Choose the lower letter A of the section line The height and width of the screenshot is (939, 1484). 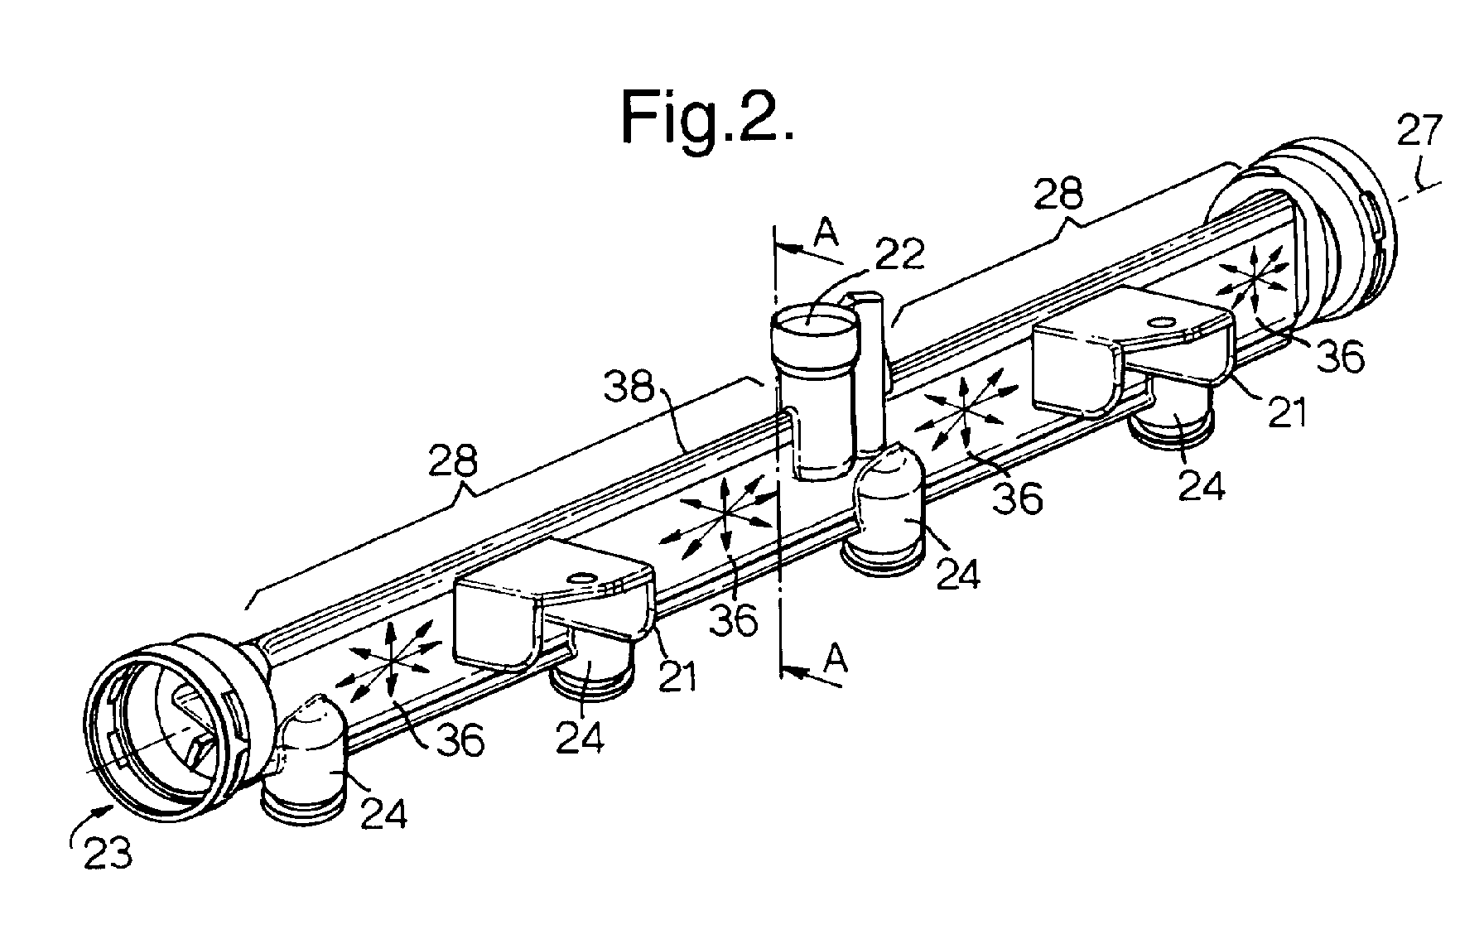pos(838,660)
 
